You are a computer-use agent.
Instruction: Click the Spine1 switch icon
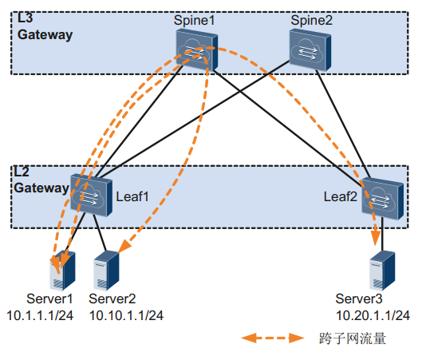coord(197,50)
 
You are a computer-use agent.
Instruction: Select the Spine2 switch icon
coord(310,51)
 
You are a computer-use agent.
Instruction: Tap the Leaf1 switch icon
coord(91,195)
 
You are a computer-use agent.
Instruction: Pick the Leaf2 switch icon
coord(383,199)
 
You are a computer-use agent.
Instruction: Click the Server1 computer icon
coord(62,271)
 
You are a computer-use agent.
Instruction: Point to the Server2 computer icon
coord(106,271)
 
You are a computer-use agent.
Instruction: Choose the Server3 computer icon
coord(382,271)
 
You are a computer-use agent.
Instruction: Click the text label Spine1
coord(194,21)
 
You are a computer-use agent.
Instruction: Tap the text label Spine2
coord(311,21)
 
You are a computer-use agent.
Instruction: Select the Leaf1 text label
coord(132,196)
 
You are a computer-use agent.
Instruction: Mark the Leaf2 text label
coord(341,196)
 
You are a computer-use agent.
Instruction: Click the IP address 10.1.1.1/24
coord(40,315)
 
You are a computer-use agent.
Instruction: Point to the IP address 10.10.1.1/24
coord(126,315)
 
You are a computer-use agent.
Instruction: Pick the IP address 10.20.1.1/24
coord(373,315)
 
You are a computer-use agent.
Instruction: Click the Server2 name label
coord(112,299)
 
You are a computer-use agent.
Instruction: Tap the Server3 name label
coord(359,299)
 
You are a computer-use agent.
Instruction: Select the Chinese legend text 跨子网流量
coord(353,338)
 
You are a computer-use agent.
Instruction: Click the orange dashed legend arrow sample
coord(273,338)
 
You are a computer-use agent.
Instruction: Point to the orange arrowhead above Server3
coord(376,237)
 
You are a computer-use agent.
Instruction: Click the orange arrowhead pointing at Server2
coord(124,246)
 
